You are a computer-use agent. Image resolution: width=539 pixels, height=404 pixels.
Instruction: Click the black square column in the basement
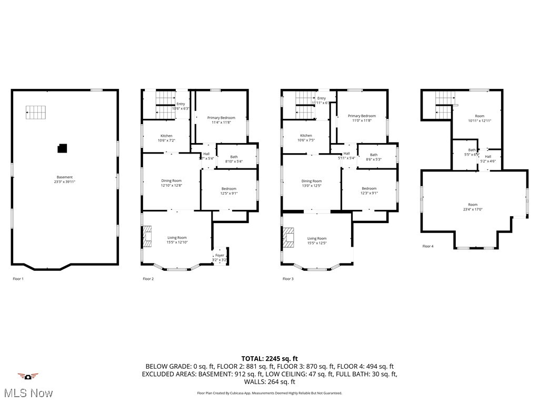62,148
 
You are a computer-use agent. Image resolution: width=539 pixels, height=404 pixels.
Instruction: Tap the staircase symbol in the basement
36,112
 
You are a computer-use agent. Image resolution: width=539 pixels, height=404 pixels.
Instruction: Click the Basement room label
65,177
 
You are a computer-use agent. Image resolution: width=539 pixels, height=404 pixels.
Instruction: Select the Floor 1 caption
18,279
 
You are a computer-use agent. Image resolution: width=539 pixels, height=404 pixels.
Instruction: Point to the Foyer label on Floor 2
219,255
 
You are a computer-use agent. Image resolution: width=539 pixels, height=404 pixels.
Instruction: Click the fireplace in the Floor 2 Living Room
147,236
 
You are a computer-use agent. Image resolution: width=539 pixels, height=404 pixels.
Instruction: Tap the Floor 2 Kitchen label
166,136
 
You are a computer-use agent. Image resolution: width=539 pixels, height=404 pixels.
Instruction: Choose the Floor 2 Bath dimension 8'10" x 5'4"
234,161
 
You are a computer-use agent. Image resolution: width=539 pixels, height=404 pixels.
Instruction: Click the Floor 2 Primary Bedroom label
221,118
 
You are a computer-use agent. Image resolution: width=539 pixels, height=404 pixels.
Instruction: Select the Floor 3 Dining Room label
311,181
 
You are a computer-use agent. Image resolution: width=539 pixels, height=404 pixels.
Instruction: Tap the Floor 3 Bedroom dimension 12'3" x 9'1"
369,193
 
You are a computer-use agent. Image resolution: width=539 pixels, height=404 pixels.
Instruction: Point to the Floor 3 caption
288,279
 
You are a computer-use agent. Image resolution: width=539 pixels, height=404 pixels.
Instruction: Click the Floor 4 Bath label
472,150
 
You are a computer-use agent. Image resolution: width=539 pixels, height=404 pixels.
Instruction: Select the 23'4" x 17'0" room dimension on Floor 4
473,209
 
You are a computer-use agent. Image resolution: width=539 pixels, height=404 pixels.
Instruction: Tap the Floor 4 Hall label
488,156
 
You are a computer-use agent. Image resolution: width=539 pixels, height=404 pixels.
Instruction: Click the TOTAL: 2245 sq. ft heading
269,359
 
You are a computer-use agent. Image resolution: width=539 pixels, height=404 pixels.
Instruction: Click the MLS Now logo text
27,393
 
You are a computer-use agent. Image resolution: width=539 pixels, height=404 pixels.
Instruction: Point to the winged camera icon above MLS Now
28,376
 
